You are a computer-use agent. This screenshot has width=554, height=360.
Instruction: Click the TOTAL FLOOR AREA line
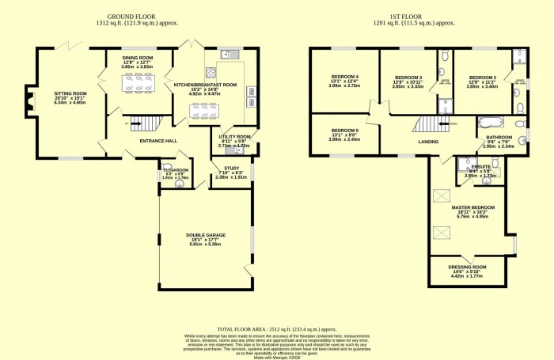point(276,328)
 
